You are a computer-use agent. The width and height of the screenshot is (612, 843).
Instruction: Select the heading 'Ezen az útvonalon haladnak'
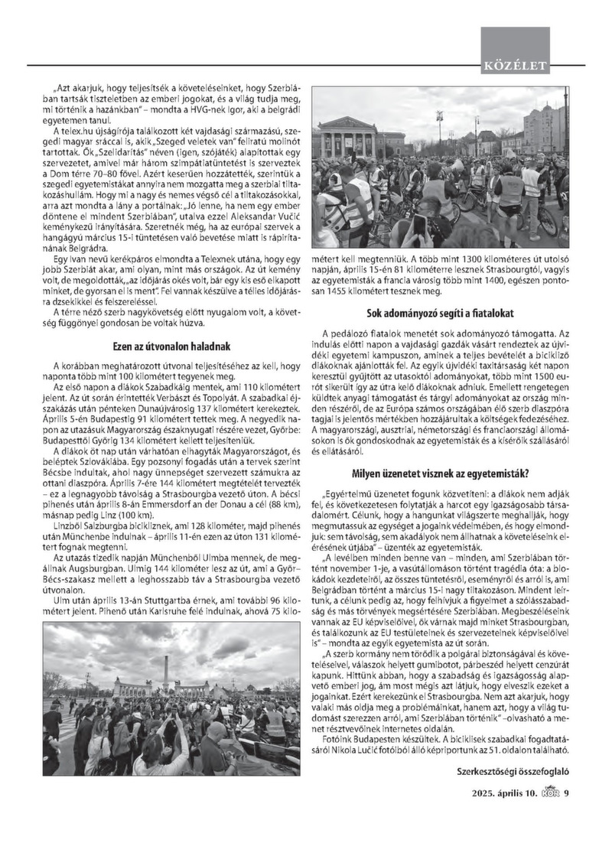coord(177,345)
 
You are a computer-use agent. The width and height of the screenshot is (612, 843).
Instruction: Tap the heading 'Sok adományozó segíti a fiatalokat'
coord(441,313)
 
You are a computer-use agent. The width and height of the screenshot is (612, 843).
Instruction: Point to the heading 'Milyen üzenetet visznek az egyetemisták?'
coord(441,472)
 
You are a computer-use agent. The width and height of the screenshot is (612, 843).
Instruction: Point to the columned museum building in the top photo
coord(348,138)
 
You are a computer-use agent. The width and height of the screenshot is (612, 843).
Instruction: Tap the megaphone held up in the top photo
coord(457,164)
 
